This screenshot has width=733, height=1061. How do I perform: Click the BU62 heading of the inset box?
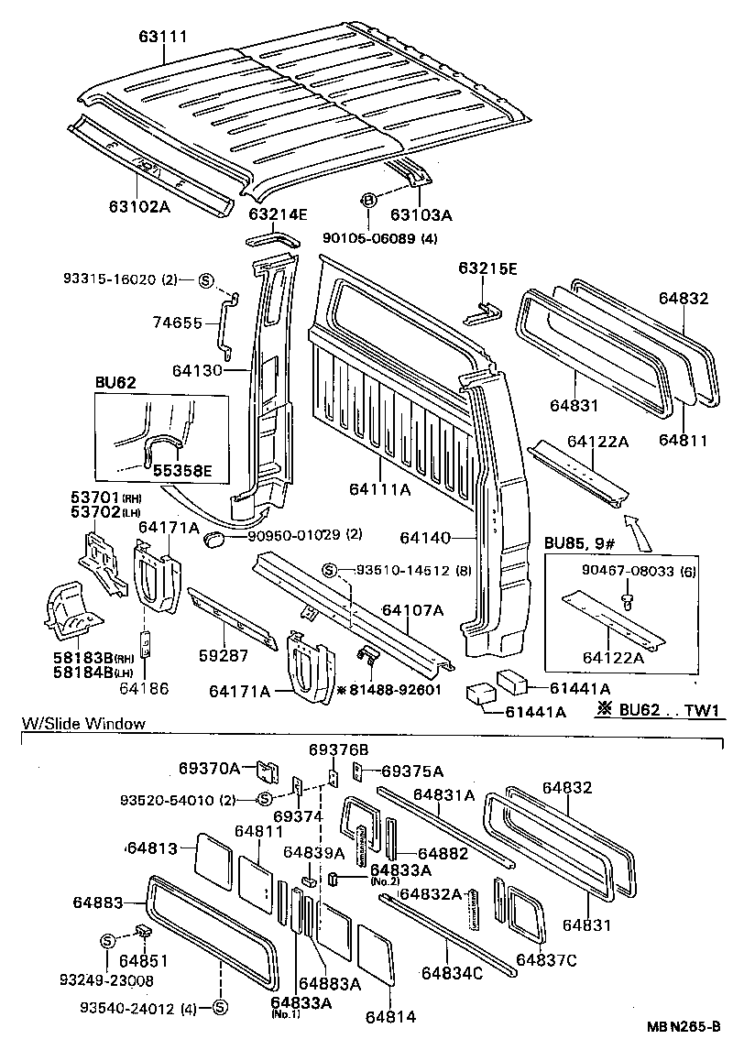[115, 383]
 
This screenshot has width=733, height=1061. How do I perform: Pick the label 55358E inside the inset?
[181, 471]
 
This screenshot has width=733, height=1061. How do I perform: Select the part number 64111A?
[379, 490]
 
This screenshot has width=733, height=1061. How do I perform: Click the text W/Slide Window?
[83, 724]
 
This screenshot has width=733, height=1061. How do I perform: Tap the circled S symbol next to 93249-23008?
[106, 941]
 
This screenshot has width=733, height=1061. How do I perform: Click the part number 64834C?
[452, 974]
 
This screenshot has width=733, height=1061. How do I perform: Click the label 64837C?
[546, 959]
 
